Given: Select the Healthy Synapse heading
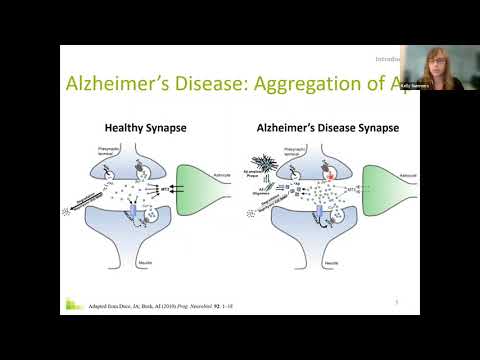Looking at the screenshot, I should pyautogui.click(x=149, y=128).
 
